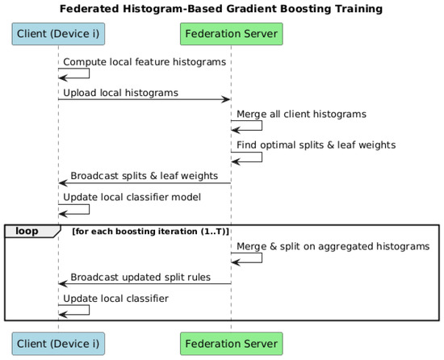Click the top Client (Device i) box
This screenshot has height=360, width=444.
[58, 34]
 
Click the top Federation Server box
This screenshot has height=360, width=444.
[232, 34]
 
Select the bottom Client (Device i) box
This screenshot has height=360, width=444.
[58, 344]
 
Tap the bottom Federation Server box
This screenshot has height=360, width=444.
[232, 344]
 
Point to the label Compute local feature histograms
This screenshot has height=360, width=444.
[145, 61]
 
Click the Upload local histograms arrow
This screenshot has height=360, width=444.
[145, 99]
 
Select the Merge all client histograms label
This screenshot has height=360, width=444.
[301, 114]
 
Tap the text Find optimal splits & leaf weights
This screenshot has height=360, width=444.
[316, 145]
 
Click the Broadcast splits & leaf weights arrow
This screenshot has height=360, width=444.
[145, 183]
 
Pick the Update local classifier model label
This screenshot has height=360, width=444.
[132, 197]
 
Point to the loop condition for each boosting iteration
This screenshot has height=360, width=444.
[150, 232]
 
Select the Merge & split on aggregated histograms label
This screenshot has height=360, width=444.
[333, 246]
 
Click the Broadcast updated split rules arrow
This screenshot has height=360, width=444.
[145, 284]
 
